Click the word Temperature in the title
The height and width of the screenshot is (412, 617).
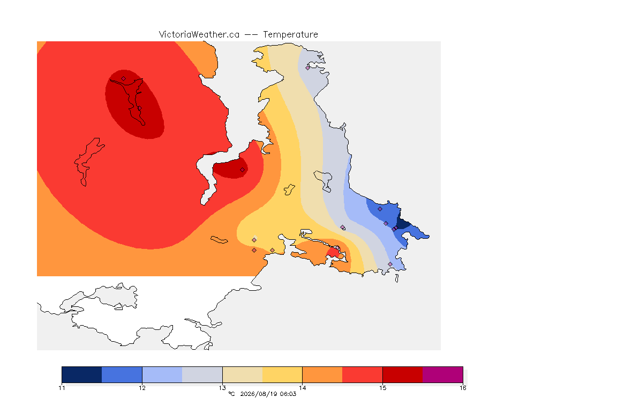click(x=290, y=35)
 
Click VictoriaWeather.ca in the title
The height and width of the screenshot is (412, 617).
click(x=199, y=35)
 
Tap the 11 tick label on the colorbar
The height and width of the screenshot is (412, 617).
click(x=62, y=388)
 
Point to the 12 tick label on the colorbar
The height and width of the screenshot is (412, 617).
click(x=142, y=388)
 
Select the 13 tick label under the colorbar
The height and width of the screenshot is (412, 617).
click(x=222, y=388)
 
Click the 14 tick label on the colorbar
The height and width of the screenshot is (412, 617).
click(x=302, y=388)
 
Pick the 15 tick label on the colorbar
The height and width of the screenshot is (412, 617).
click(x=382, y=388)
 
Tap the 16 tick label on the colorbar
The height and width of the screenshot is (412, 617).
click(x=463, y=388)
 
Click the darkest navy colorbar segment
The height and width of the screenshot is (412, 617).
click(x=82, y=374)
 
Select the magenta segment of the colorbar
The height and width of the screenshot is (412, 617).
click(x=443, y=374)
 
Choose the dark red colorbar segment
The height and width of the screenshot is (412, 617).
click(x=403, y=374)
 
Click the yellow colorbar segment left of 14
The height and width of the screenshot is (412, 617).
click(x=282, y=374)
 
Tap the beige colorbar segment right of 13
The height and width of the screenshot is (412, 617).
click(x=243, y=374)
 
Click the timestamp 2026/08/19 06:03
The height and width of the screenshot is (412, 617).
click(x=268, y=394)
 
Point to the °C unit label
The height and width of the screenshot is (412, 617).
click(x=231, y=394)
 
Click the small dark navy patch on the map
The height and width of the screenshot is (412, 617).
click(x=403, y=223)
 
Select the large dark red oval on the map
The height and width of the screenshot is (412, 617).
click(x=134, y=104)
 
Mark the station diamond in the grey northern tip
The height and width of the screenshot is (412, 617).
click(x=308, y=68)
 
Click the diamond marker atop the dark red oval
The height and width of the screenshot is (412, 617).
click(x=124, y=79)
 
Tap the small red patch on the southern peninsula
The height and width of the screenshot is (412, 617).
click(x=333, y=252)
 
